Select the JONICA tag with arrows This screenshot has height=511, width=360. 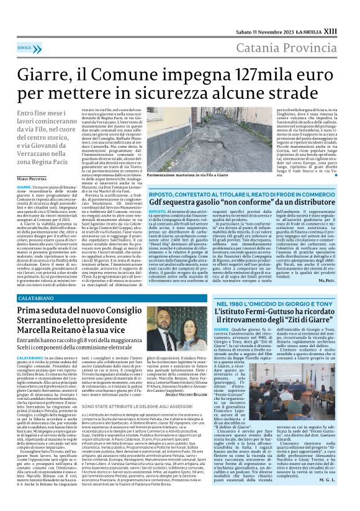(25, 46)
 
